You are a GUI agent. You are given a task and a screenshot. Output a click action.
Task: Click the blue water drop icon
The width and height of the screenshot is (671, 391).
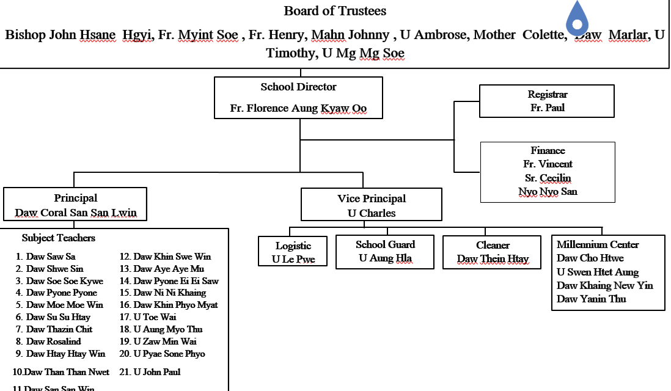point(577,18)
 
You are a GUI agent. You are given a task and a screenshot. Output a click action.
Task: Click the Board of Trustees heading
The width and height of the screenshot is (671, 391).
point(335,11)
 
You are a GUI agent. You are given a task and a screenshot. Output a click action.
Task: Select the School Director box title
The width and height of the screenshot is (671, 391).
point(298,87)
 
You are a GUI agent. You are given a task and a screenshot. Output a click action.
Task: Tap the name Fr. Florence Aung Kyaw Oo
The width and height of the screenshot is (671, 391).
point(298,108)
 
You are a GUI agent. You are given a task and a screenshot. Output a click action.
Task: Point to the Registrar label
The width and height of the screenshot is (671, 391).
point(547,95)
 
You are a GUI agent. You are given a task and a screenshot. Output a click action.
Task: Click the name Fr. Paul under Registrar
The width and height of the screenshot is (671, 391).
point(547,108)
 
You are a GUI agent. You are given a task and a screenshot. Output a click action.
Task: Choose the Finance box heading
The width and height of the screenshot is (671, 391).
point(548,150)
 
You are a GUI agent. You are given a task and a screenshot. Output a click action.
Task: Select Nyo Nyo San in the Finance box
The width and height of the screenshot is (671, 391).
point(548,191)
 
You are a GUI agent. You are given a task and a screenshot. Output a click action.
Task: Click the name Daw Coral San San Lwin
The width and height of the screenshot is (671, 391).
point(76,213)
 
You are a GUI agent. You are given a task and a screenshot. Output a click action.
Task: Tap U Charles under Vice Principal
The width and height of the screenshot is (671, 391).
point(372,213)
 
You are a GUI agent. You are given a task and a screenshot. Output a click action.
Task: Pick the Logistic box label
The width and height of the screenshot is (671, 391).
point(293,246)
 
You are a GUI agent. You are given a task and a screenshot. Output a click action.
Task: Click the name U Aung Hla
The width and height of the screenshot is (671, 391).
point(385,258)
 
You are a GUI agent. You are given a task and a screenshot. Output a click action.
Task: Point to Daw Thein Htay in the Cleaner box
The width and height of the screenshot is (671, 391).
point(493,258)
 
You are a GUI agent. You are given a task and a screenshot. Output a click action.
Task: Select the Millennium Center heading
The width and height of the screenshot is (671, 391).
point(598,244)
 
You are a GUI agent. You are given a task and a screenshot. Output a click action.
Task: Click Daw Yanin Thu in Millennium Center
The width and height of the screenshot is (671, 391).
point(592,299)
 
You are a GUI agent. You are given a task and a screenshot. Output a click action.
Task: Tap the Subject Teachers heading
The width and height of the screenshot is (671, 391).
point(59,238)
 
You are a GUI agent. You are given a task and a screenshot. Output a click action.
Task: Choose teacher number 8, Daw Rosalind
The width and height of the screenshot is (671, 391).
point(53,342)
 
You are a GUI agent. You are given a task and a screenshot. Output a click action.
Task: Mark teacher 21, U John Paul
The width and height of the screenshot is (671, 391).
point(157,371)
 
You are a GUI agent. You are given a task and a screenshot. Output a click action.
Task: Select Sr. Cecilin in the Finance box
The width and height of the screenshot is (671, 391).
point(548,178)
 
